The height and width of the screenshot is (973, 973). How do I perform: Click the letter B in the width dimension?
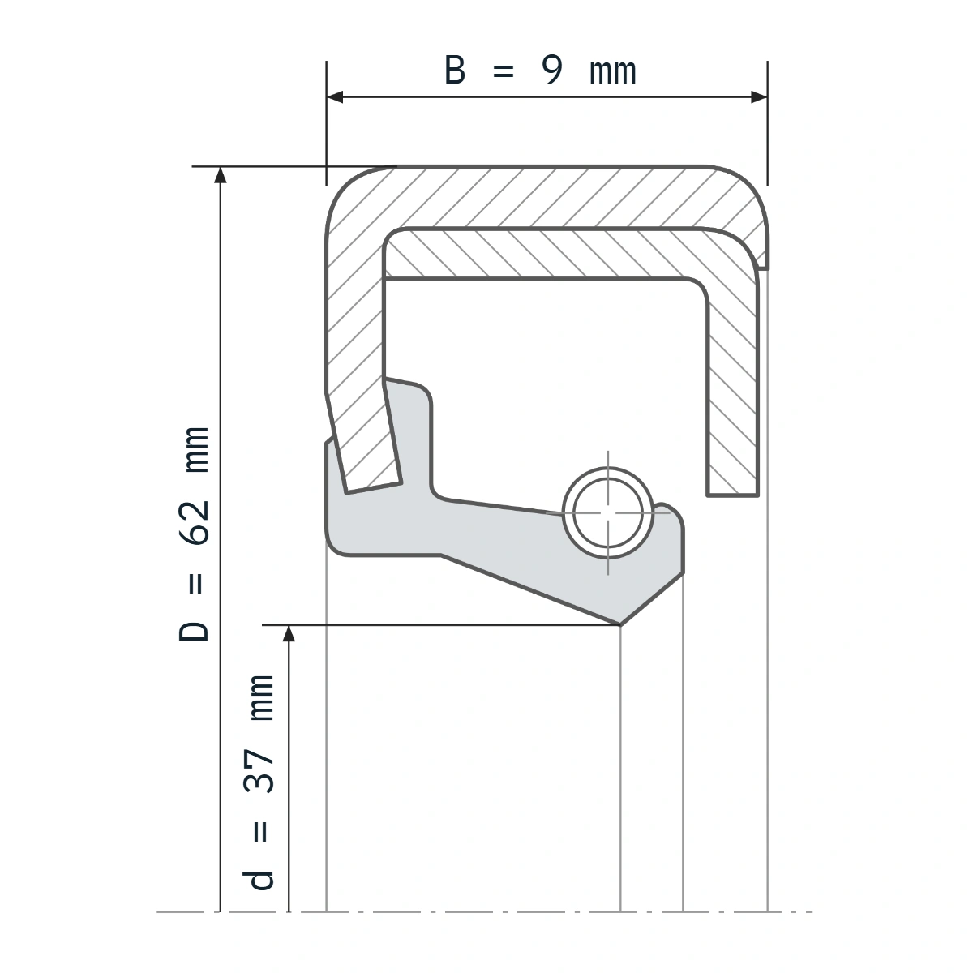[x=454, y=70]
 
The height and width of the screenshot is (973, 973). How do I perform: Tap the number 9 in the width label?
[x=552, y=70]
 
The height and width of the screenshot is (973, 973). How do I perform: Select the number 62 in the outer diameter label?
[x=195, y=523]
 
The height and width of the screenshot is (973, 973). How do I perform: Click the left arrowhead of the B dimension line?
[x=335, y=97]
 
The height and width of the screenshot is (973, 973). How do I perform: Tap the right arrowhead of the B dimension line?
[x=759, y=97]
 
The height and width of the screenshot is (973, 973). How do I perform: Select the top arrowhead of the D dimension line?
[x=221, y=174]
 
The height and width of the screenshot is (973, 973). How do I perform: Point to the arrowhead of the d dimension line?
[x=289, y=633]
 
